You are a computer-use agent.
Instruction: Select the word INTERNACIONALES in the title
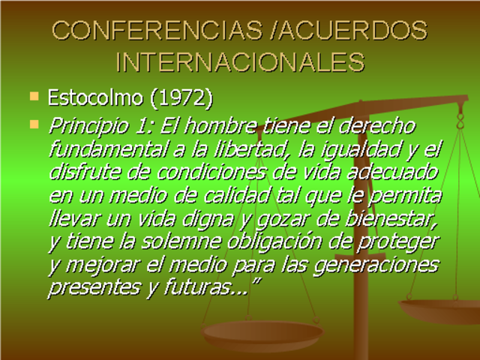click(241, 61)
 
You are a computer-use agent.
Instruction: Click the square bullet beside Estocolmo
click(33, 96)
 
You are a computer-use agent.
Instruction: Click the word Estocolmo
click(89, 97)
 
